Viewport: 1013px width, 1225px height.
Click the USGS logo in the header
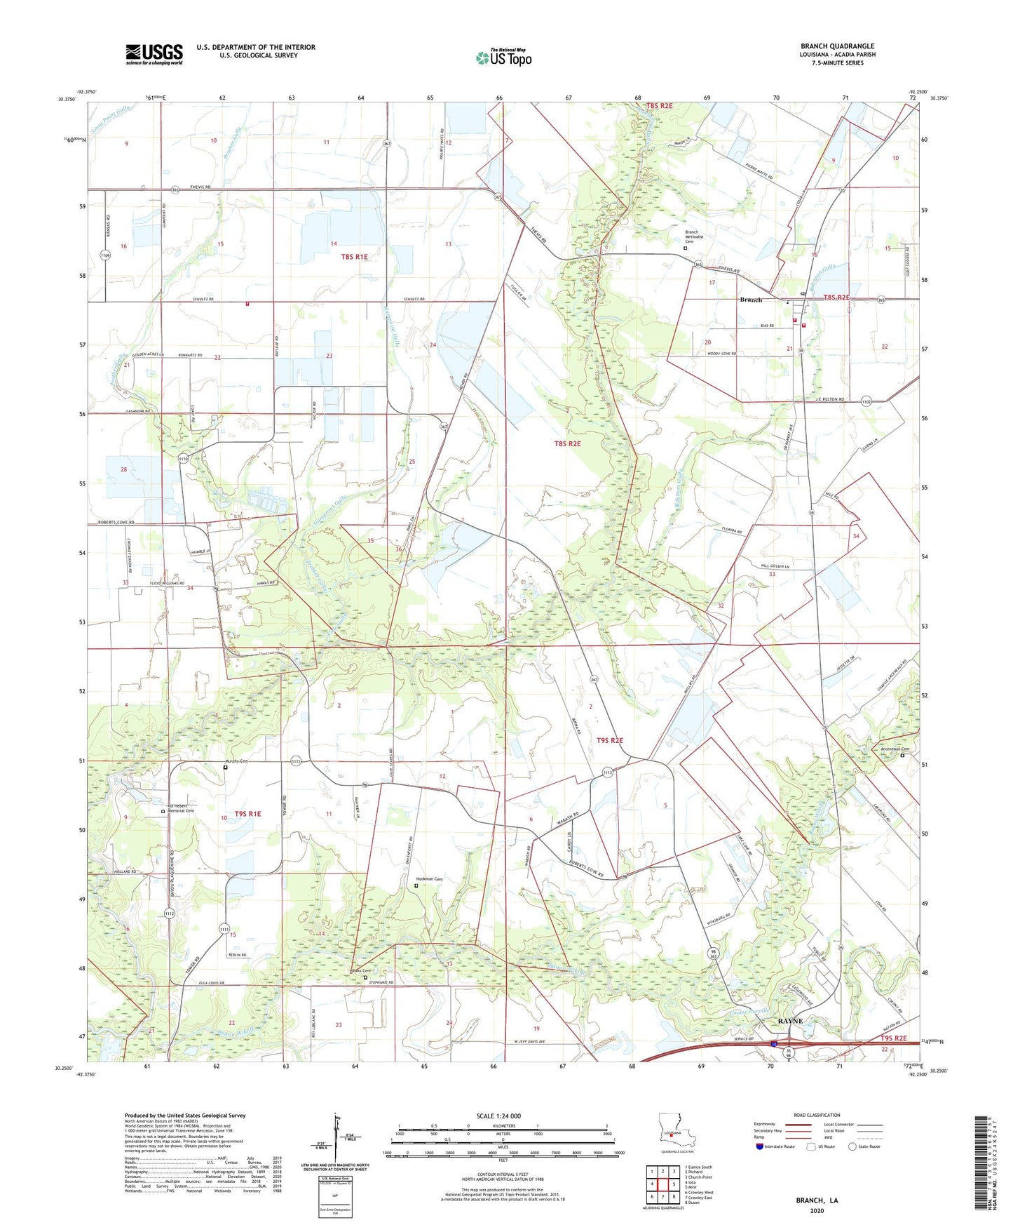click(x=154, y=53)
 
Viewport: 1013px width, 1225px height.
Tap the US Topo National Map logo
click(x=503, y=57)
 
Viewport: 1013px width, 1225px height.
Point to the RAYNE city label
click(x=789, y=1021)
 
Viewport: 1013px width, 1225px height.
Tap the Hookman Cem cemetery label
click(x=429, y=879)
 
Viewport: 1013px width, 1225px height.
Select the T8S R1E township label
click(x=354, y=257)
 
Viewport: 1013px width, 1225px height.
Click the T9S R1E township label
click(x=247, y=814)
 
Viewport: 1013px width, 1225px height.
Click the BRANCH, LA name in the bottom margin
click(x=816, y=1200)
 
